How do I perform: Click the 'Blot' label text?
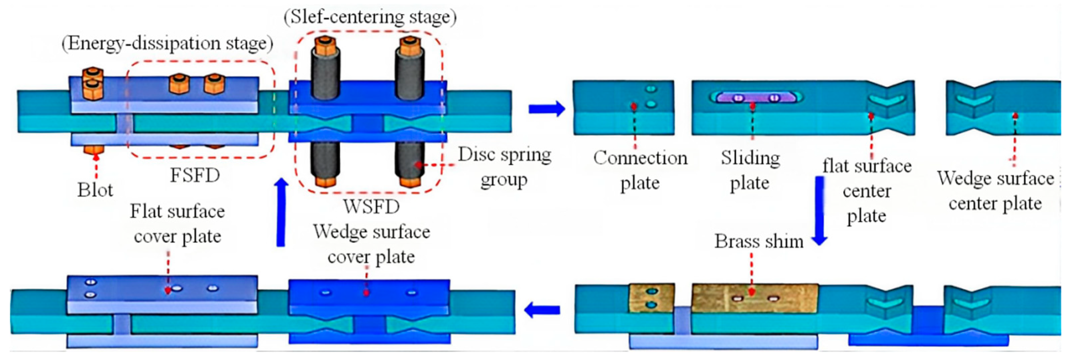(x=95, y=190)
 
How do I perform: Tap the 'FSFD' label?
(x=195, y=175)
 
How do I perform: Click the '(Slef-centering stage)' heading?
(x=370, y=17)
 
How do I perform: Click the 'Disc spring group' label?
(x=505, y=167)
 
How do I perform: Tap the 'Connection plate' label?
(x=640, y=170)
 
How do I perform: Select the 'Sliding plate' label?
(x=750, y=170)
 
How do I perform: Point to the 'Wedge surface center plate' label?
(x=996, y=191)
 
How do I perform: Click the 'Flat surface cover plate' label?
(x=177, y=224)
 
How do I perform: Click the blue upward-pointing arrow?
(x=282, y=212)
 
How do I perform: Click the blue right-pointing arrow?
(x=547, y=109)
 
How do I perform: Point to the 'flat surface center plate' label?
(x=867, y=191)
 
